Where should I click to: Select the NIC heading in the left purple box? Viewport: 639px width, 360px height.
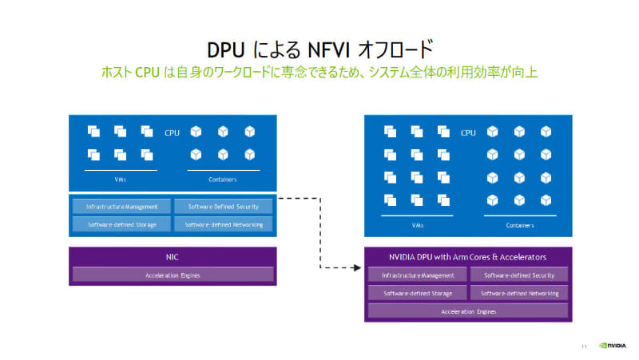pyautogui.click(x=173, y=257)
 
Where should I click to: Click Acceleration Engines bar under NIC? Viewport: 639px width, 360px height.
pyautogui.click(x=173, y=275)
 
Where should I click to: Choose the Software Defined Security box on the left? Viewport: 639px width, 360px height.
pyautogui.click(x=223, y=206)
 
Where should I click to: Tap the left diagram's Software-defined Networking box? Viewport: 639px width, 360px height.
pyautogui.click(x=223, y=224)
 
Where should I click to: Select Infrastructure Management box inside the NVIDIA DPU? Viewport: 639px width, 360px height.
pyautogui.click(x=418, y=275)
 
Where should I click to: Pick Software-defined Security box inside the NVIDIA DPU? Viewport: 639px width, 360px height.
pyautogui.click(x=519, y=275)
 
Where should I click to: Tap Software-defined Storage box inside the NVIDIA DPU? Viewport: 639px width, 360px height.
pyautogui.click(x=418, y=293)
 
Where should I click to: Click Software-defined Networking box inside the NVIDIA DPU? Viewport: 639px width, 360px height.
pyautogui.click(x=519, y=293)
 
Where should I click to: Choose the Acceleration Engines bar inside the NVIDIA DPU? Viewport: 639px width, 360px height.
pyautogui.click(x=468, y=311)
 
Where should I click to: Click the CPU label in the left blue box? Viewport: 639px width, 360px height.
pyautogui.click(x=172, y=133)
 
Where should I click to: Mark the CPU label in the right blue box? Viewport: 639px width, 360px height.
pyautogui.click(x=468, y=133)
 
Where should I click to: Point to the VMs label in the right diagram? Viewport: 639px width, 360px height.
pyautogui.click(x=418, y=225)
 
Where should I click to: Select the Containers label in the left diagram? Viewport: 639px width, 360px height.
pyautogui.click(x=223, y=180)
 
